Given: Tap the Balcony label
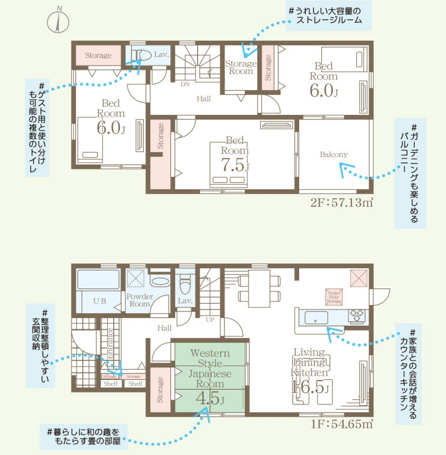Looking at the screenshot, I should point(333,154).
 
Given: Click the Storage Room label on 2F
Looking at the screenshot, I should point(240,67).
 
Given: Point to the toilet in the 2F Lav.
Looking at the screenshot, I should point(143,55).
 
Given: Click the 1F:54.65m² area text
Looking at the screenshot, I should point(341,424).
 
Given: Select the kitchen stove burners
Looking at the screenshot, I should point(356,316).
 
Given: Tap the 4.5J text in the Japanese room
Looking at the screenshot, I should point(209,398).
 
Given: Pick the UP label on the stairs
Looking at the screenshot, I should point(209,319).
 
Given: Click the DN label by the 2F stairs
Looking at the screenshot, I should point(185,84).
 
